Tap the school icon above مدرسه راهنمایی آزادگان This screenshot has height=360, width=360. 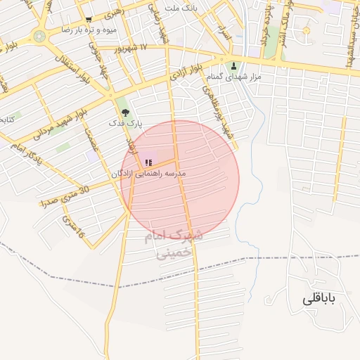(148, 163)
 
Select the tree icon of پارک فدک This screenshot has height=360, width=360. (125, 112)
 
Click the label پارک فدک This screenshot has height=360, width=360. (125, 122)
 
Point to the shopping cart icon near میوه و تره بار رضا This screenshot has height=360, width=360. (88, 20)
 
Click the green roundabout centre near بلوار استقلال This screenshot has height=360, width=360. (39, 35)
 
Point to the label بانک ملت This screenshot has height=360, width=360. (180, 8)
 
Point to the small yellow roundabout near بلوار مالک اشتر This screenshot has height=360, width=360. (306, 31)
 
